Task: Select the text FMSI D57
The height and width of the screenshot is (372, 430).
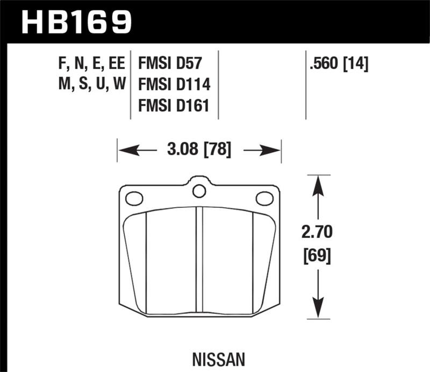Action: pos(170,64)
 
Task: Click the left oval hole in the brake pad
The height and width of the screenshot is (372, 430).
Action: pos(134,199)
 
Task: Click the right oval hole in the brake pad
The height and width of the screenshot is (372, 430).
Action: pos(264,199)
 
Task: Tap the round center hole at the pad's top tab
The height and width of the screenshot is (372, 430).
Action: pos(199,190)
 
